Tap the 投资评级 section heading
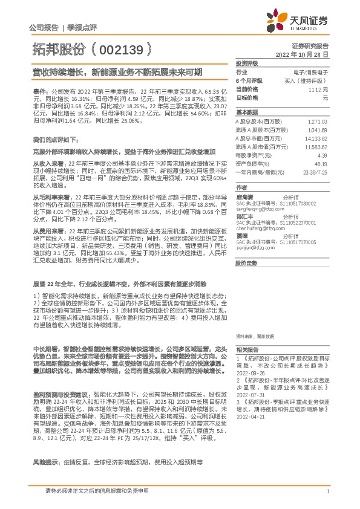pyautogui.click(x=246, y=63)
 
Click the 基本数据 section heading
pyautogui.click(x=246, y=112)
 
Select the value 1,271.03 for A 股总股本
pyautogui.click(x=317, y=122)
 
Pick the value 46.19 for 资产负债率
pyautogui.click(x=320, y=164)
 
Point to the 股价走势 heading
pyautogui.click(x=246, y=264)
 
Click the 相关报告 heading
pyautogui.click(x=246, y=351)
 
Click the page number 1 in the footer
pyautogui.click(x=327, y=493)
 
